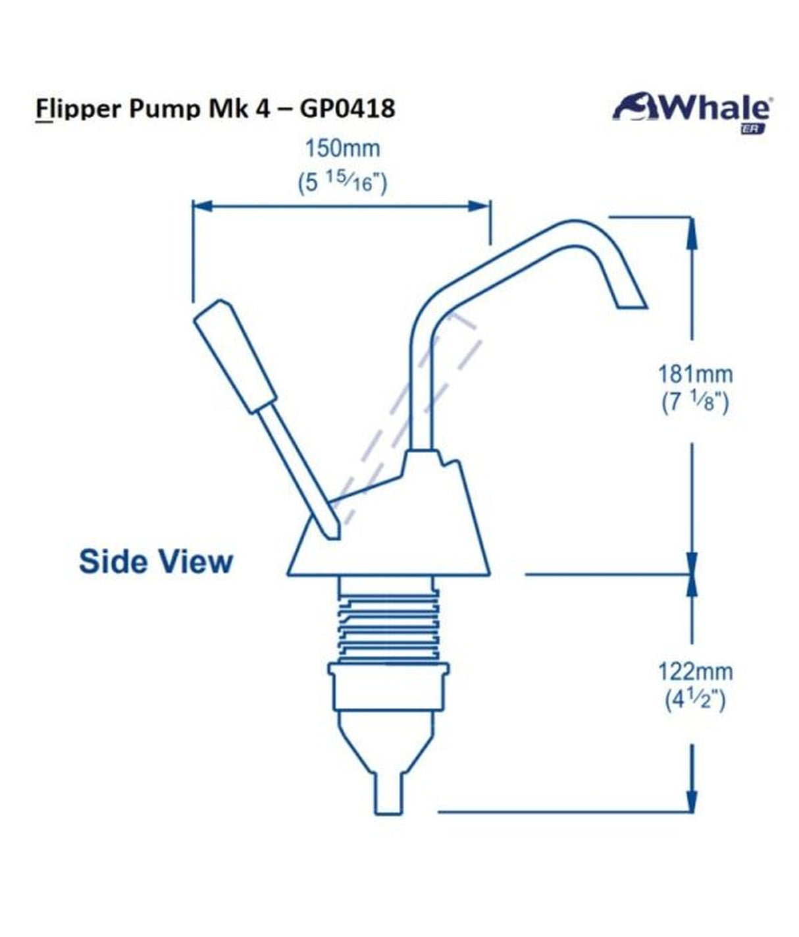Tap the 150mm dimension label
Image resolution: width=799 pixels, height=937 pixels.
click(342, 148)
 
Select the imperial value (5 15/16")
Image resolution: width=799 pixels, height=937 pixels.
click(342, 181)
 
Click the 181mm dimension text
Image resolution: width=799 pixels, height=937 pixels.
click(695, 374)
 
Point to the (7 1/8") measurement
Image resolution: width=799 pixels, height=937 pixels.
click(695, 401)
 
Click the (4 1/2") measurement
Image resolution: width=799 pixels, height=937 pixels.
click(695, 699)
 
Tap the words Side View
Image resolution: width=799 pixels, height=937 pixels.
click(156, 562)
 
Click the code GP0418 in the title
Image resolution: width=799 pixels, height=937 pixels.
click(348, 107)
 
